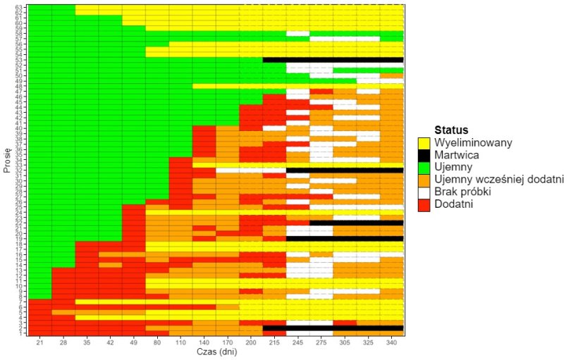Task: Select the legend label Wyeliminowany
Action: [474, 142]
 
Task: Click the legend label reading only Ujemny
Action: [457, 167]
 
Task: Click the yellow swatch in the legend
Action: [424, 143]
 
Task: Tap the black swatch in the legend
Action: [424, 155]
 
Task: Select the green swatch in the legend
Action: [424, 168]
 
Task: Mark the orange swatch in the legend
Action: [424, 180]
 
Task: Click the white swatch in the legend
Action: [424, 192]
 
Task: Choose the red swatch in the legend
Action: [424, 204]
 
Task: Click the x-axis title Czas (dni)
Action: [216, 353]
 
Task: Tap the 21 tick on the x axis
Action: [40, 343]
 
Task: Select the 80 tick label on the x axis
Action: [157, 343]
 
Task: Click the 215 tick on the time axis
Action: [274, 343]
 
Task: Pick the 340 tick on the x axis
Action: [391, 343]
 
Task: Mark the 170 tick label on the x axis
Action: [227, 343]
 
